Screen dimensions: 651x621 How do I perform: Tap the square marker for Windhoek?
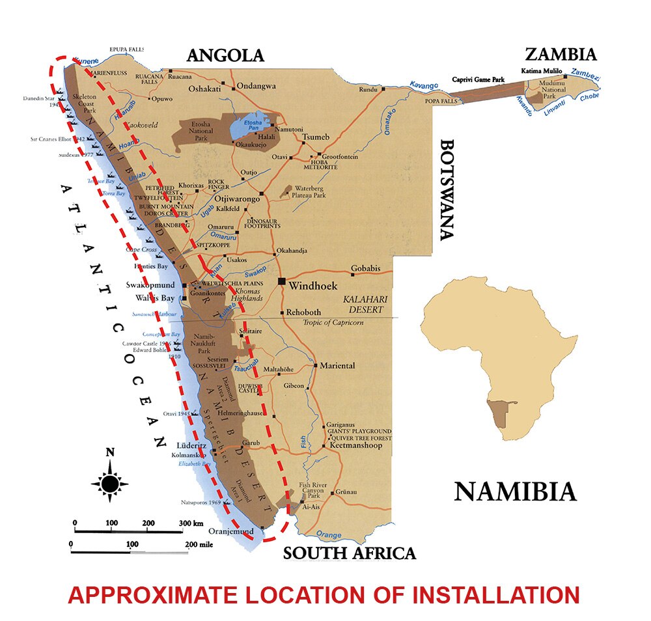point(281,281)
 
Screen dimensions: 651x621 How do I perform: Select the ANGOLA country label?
point(225,55)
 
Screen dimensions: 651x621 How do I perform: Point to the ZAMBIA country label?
point(561,53)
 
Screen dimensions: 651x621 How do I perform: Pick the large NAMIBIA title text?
point(515,491)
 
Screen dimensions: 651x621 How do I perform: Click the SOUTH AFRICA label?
point(349,553)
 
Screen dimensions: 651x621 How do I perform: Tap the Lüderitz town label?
point(191,445)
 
